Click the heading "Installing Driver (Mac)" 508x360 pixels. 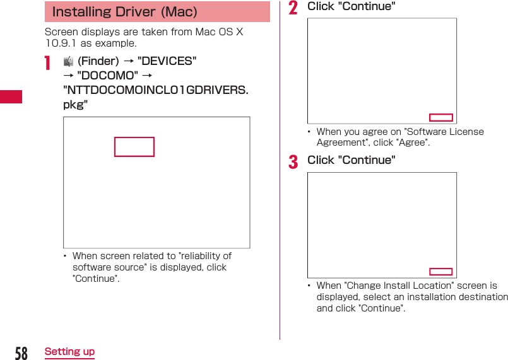(124, 12)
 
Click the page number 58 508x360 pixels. (21, 352)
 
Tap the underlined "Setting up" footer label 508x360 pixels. (69, 352)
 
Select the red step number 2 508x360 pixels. (293, 8)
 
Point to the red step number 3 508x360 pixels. (293, 162)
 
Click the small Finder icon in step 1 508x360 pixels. (68, 61)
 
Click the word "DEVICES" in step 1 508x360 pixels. (167, 61)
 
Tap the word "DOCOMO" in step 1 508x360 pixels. (107, 76)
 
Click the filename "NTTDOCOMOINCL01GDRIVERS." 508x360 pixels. (155, 90)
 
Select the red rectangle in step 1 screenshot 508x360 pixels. (134, 147)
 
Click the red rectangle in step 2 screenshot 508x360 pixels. (440, 117)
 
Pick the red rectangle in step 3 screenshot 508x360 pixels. (440, 272)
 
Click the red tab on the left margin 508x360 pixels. (11, 96)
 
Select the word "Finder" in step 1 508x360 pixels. (98, 61)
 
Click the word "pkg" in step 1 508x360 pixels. (73, 105)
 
